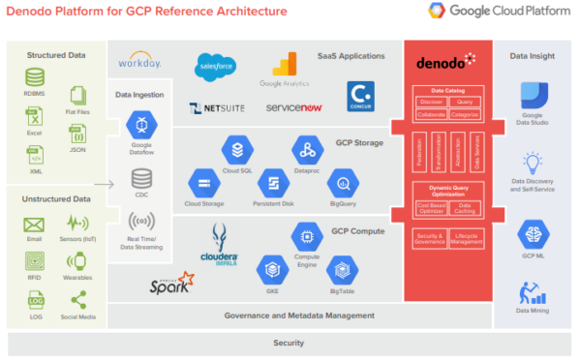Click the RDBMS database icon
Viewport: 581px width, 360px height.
(x=36, y=76)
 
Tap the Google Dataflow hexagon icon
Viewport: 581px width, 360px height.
(x=141, y=125)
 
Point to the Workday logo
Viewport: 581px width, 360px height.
(x=138, y=62)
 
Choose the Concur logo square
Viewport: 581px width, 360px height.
(x=360, y=95)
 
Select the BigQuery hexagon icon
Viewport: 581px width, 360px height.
(x=344, y=182)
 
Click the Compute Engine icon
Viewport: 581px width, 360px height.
(x=307, y=234)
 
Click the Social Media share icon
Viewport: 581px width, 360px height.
(x=77, y=300)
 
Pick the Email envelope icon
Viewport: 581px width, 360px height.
(x=35, y=226)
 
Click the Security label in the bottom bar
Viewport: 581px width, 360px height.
(x=289, y=343)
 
